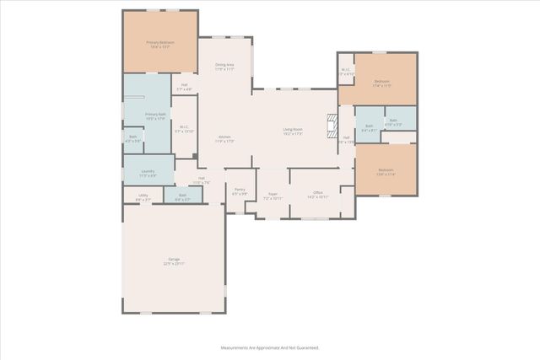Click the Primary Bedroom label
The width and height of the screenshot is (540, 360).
[159, 42]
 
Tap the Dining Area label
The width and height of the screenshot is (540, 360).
[224, 65]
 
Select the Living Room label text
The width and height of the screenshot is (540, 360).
[293, 129]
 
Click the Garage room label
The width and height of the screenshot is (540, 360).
[173, 259]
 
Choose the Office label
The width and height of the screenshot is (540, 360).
[318, 193]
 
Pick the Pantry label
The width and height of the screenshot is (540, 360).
[240, 190]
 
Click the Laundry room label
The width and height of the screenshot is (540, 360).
[148, 171]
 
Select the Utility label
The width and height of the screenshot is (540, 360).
[143, 196]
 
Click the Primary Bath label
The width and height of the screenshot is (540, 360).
[154, 115]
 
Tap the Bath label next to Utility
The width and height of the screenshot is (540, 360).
[182, 196]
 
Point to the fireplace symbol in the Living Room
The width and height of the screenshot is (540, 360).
[332, 126]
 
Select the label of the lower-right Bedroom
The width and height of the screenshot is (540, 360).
[386, 170]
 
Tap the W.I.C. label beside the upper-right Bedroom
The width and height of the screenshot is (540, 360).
[346, 70]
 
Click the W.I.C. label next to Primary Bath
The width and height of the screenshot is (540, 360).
[184, 127]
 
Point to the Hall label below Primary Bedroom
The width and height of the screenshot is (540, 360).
[184, 84]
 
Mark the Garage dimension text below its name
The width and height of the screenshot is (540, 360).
[173, 264]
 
